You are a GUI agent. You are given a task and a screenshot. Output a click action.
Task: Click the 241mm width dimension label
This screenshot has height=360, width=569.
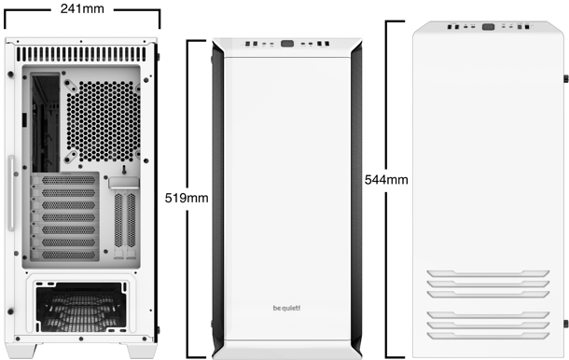coord(82,8)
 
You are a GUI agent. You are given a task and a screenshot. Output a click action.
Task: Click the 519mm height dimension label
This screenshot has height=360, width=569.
coord(187,198)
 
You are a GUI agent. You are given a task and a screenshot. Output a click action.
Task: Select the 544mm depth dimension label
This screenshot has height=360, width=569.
coord(386,180)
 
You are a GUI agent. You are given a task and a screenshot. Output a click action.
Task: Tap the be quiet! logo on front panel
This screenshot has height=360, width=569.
coord(286,308)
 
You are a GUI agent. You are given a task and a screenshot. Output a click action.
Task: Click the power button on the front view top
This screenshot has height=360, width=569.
coord(287,44)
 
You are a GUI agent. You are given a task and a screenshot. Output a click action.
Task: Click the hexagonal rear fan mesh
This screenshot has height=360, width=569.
coord(104,121)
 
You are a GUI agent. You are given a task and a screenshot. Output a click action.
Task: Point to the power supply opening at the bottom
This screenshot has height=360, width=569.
coord(81,307)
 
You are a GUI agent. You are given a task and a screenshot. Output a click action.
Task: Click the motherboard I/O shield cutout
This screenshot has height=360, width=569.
coord(46,123)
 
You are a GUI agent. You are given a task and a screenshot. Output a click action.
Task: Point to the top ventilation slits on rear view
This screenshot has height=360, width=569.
coord(81,54)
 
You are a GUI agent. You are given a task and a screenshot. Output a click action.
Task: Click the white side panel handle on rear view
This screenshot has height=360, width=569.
coord(11,193)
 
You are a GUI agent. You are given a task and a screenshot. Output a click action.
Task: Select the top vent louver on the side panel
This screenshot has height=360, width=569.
coord(488,273)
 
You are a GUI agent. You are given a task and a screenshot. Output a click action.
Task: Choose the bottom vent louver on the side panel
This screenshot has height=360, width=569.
coord(488,336)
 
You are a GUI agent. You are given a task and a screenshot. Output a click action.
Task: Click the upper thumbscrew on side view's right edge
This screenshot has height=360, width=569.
coord(566,78)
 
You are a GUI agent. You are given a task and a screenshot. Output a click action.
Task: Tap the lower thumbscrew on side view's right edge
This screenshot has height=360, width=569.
coord(566,324)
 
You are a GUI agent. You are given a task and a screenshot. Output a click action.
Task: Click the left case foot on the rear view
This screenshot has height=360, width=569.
coord(25,351)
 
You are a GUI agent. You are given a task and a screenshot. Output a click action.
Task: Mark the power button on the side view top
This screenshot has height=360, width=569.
coord(489,27)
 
